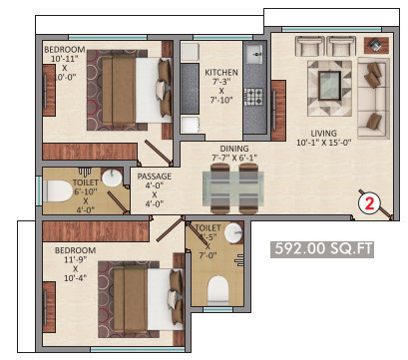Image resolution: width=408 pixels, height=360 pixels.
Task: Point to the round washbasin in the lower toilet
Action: (232, 232)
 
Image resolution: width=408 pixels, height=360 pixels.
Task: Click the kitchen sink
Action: (254, 53)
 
